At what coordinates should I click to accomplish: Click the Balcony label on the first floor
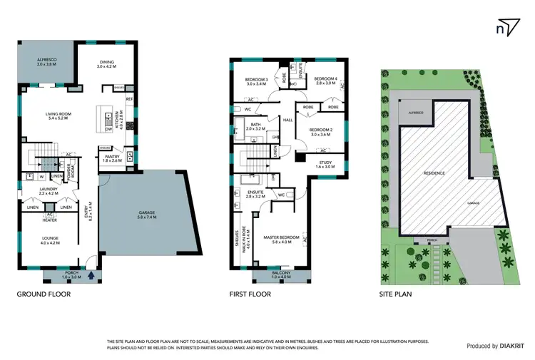(280, 272)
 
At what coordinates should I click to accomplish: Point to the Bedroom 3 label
(256, 81)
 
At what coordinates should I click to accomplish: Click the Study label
(324, 163)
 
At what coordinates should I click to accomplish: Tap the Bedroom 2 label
(322, 130)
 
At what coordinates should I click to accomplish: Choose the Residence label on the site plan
(434, 173)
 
